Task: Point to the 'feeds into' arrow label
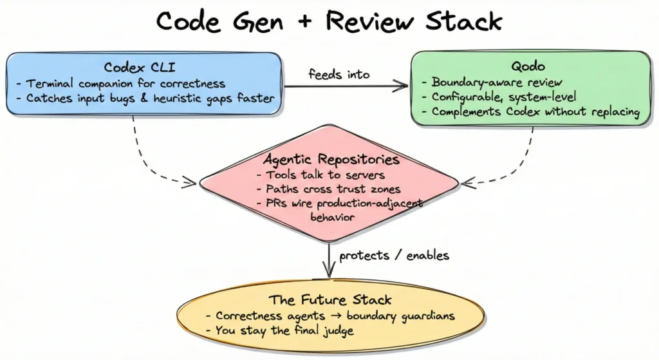coord(339,74)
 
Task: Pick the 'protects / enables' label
coord(394,255)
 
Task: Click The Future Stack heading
coord(330,300)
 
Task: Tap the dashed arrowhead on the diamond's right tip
coord(467,183)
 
